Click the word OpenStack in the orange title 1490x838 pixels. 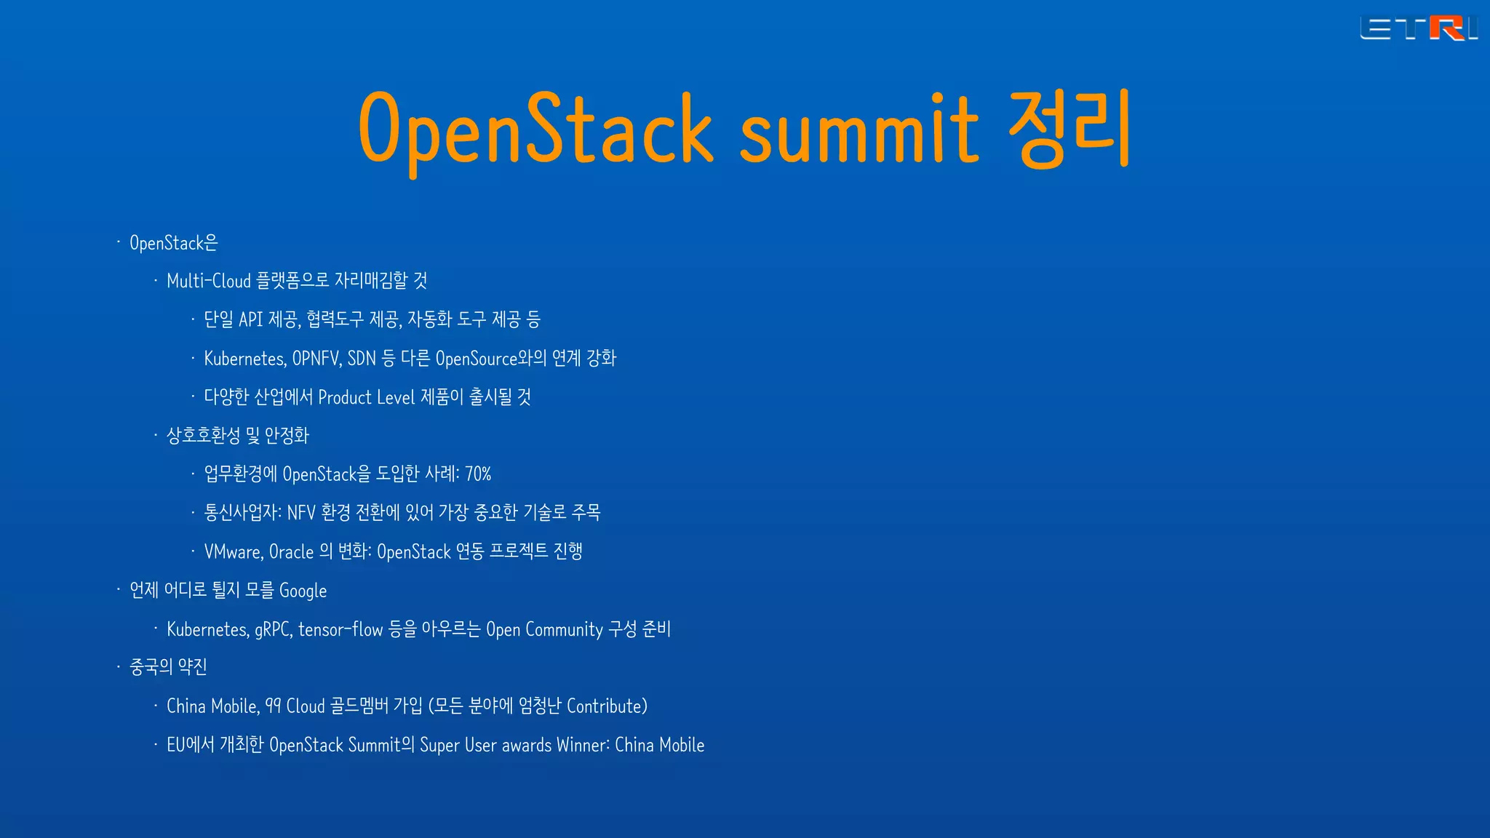535,129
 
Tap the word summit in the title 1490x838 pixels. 858,129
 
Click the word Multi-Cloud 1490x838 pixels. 209,281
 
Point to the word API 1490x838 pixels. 250,319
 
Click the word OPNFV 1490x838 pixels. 316,359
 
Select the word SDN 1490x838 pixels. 362,359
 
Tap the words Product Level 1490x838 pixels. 366,397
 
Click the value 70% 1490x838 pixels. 478,474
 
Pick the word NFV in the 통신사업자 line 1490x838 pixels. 301,513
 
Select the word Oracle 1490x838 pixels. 291,552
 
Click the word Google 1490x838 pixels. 303,591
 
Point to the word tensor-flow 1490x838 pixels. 340,629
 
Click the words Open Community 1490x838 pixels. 544,629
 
